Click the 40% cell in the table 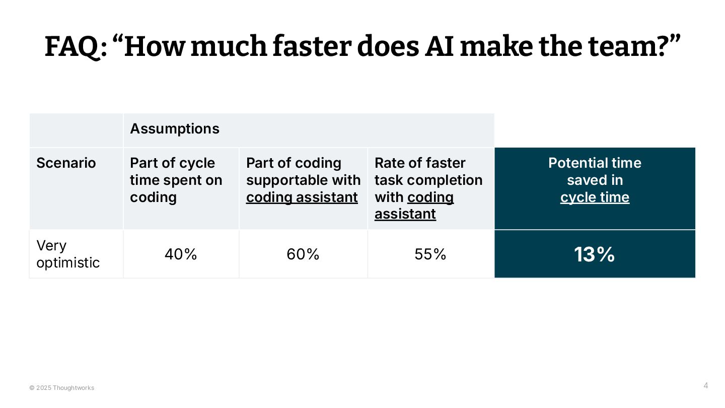tap(181, 254)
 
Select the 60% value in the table tap(303, 254)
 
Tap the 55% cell tap(430, 254)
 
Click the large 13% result tap(595, 254)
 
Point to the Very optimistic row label tap(68, 254)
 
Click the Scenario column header tap(66, 163)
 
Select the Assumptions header tap(175, 129)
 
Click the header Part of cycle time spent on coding tap(176, 180)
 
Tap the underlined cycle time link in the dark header tap(595, 197)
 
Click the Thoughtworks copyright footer tap(62, 388)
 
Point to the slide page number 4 tap(705, 386)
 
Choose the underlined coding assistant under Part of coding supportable tap(302, 197)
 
